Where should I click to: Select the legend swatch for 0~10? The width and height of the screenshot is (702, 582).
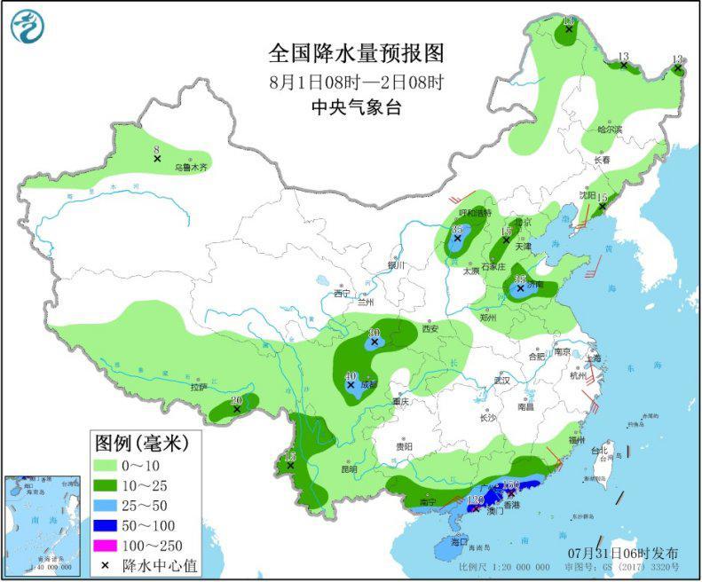(x=113, y=466)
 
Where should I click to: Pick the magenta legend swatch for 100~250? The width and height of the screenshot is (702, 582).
(x=113, y=546)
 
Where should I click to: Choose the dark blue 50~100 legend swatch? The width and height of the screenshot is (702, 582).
(x=113, y=526)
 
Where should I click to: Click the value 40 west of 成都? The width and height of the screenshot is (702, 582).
(x=351, y=375)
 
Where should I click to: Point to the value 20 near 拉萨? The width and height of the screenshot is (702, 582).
(x=236, y=400)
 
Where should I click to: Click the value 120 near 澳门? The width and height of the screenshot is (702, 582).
(x=475, y=501)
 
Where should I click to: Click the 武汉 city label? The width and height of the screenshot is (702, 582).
(x=503, y=380)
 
